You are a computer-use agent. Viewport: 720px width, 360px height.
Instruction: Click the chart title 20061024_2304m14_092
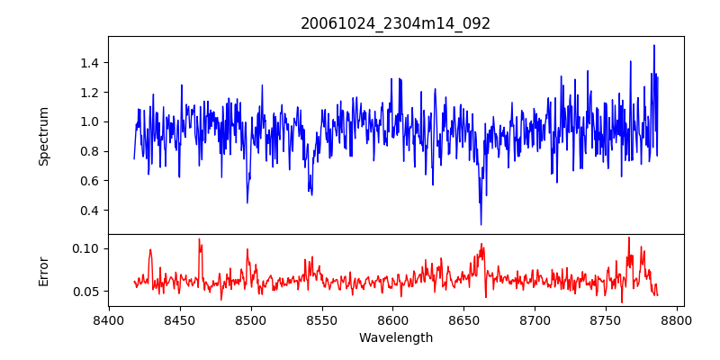[x=395, y=24]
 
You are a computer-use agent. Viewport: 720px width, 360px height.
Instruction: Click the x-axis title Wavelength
[x=396, y=338]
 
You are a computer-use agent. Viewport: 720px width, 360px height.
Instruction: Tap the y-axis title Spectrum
[x=43, y=136]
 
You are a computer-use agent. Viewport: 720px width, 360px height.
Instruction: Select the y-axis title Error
[x=43, y=272]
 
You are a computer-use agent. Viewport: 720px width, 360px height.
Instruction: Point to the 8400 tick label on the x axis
[x=109, y=320]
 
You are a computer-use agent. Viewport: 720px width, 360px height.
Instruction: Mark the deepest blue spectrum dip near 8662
[x=481, y=224]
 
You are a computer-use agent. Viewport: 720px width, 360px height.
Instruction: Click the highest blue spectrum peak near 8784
[x=654, y=46]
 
